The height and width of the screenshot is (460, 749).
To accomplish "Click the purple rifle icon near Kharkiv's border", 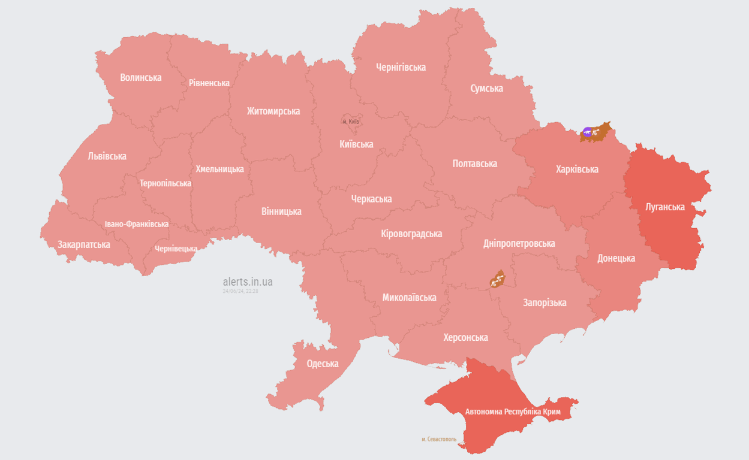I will tap(587, 132).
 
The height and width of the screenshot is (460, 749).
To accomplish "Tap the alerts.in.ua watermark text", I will tap(248, 282).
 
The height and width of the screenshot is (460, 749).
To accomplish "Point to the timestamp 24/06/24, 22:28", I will tap(240, 291).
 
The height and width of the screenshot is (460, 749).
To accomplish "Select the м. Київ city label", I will tap(351, 122).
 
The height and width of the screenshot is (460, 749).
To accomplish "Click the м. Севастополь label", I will tap(439, 439).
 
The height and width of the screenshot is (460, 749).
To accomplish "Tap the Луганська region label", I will tap(664, 207).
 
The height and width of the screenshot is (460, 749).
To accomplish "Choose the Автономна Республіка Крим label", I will tap(513, 411).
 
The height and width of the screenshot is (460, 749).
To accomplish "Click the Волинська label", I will tap(140, 77).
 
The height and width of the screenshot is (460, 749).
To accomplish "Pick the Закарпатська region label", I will tap(84, 244).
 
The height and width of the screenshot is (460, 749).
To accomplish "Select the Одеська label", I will tap(323, 364).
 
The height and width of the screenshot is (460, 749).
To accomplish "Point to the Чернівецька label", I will tap(176, 249).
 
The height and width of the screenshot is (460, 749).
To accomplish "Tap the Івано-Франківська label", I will tap(137, 224).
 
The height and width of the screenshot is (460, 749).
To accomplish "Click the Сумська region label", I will tap(486, 89).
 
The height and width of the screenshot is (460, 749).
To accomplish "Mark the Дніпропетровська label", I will tap(519, 243).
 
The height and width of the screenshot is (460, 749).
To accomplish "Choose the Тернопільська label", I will tap(166, 183).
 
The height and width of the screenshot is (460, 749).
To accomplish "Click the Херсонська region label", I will tap(465, 337).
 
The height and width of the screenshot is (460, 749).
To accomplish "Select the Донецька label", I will tap(616, 258).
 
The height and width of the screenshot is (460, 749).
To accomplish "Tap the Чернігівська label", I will tap(401, 67).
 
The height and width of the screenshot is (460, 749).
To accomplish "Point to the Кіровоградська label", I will tap(411, 234).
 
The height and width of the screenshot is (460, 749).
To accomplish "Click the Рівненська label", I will tap(209, 83).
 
